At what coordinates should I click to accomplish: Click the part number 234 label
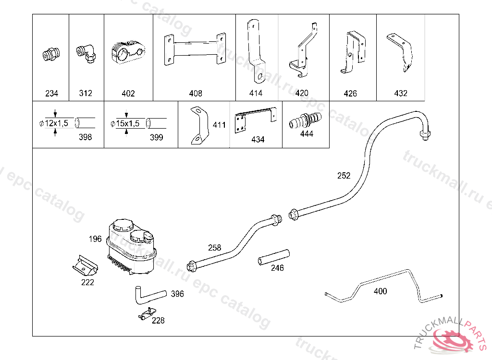[52, 93]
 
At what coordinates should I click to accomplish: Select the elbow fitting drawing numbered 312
[86, 53]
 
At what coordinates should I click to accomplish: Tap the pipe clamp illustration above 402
[128, 52]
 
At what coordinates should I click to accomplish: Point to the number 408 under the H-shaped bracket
[196, 93]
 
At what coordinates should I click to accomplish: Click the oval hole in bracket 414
[260, 76]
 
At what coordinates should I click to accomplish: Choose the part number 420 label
[302, 93]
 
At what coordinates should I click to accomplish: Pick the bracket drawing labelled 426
[353, 52]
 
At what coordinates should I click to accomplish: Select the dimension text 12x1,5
[57, 123]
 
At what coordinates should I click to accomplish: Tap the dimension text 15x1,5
[128, 123]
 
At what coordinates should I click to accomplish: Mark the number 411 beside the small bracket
[219, 125]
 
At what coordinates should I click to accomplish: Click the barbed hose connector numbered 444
[305, 120]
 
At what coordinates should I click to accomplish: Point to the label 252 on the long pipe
[344, 176]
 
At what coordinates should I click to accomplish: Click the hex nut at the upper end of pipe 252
[425, 135]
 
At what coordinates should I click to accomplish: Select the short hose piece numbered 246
[273, 257]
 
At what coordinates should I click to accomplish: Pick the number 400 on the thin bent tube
[381, 291]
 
